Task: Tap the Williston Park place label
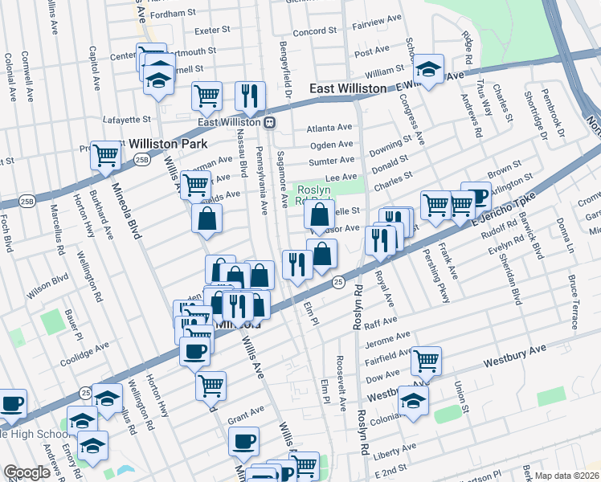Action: (x=165, y=144)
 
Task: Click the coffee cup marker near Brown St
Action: (x=476, y=196)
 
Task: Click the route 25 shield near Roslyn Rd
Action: (x=338, y=282)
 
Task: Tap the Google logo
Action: (x=27, y=472)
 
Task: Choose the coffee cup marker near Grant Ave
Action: (x=244, y=440)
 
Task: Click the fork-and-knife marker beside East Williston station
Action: (x=251, y=95)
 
